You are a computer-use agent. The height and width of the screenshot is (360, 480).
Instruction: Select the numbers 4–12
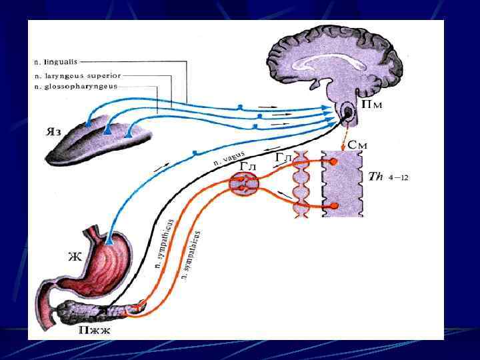[x=400, y=179]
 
